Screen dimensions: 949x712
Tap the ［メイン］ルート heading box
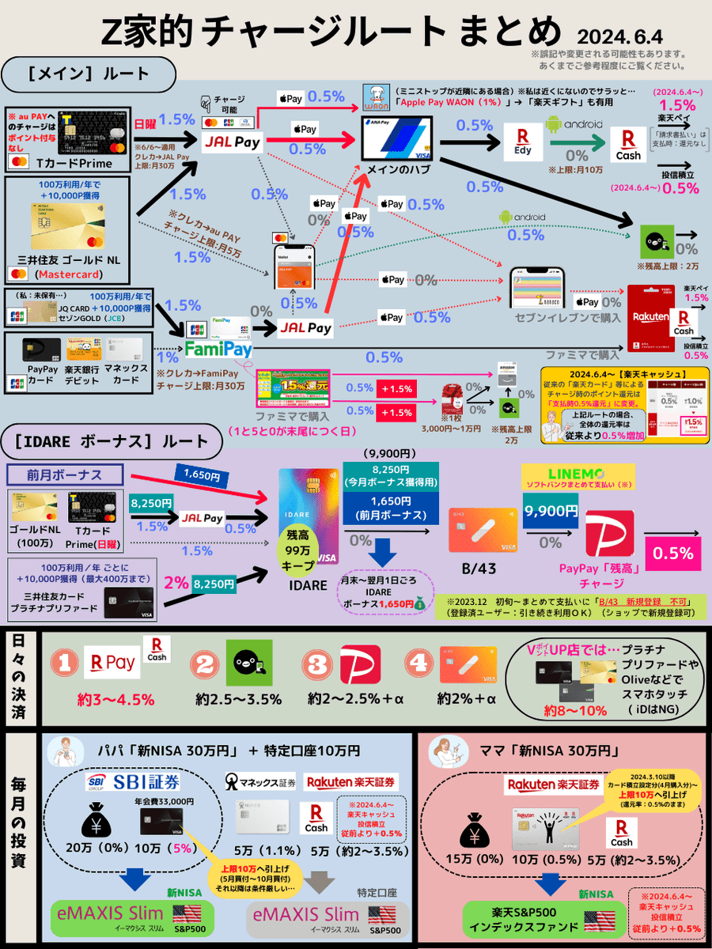click(89, 75)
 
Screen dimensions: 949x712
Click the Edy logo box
click(522, 141)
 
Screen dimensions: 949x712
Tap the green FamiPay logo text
click(218, 348)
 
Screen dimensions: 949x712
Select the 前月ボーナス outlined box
click(64, 475)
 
